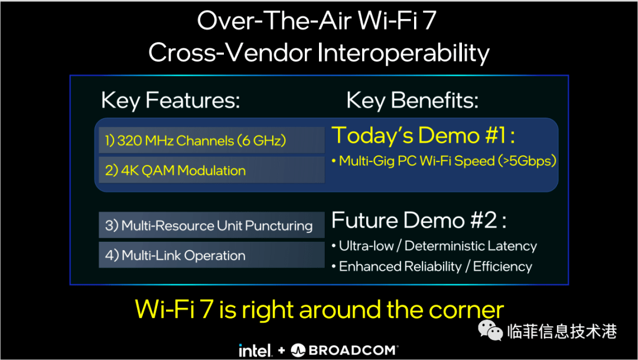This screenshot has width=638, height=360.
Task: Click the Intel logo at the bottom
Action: click(255, 349)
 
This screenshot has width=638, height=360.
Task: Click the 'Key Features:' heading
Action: click(171, 100)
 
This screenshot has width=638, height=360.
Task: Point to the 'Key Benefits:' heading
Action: click(412, 100)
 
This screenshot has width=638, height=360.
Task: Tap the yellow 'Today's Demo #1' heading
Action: click(423, 135)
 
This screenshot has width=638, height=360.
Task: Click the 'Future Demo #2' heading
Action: click(419, 220)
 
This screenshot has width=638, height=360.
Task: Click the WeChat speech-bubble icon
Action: click(490, 330)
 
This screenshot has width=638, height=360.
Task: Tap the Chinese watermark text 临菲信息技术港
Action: click(562, 332)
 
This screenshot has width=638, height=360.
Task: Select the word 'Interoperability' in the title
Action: click(403, 53)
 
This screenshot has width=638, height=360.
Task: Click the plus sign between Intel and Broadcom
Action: click(282, 350)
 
